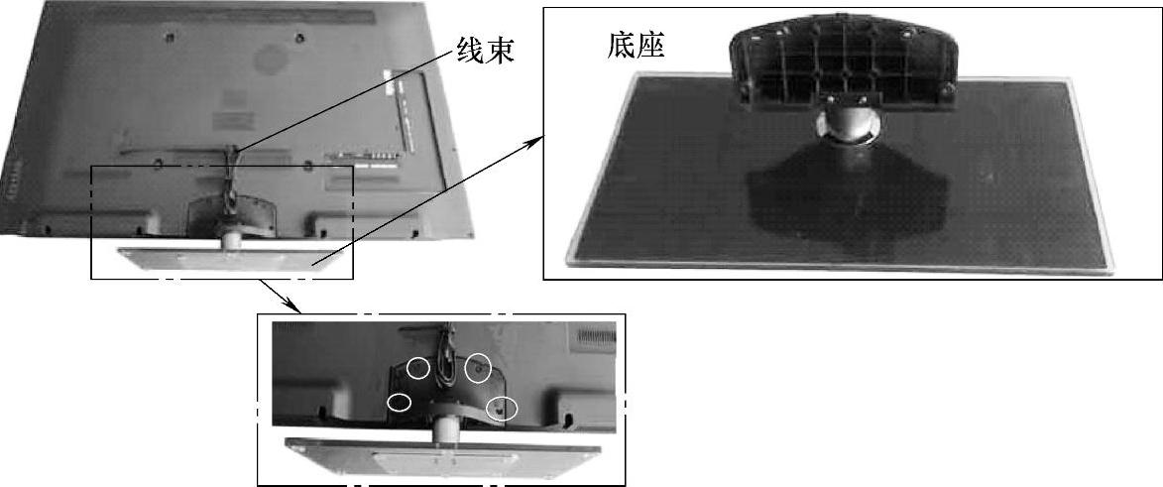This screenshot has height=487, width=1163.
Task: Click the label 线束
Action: click(x=486, y=49)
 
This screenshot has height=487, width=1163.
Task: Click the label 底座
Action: click(x=636, y=46)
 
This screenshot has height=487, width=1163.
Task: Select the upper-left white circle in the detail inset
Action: click(x=419, y=367)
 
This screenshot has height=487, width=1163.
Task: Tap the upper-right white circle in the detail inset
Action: click(x=478, y=367)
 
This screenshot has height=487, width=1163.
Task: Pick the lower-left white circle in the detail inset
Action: click(x=400, y=402)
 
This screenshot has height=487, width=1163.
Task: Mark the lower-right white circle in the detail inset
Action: click(x=502, y=407)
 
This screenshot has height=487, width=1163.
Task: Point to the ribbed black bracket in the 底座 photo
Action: click(x=842, y=64)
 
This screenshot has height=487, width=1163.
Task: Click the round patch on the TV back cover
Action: click(x=272, y=58)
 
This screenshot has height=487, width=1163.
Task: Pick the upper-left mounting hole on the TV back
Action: click(x=170, y=36)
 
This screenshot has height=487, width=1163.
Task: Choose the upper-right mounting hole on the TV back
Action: click(x=298, y=38)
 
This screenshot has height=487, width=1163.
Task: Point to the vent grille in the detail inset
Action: click(x=596, y=336)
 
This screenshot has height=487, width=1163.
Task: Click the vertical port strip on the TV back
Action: click(x=402, y=106)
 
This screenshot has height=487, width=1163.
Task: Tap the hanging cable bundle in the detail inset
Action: click(x=446, y=356)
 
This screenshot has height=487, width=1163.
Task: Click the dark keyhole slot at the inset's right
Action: click(x=567, y=422)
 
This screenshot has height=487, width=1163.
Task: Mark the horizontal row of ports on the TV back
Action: click(x=363, y=155)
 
